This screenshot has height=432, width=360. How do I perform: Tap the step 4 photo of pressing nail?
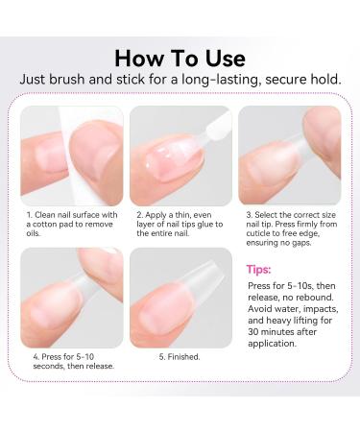point(72,298)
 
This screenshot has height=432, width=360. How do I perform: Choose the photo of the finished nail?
point(180,298)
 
